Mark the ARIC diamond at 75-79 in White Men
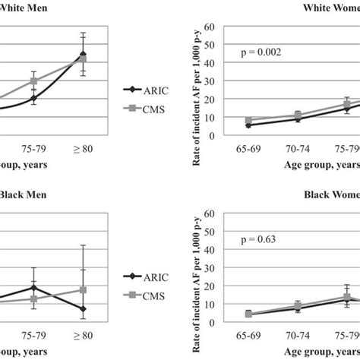33,98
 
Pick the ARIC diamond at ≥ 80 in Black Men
82,308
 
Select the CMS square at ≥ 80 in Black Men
82,290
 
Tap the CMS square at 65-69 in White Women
249,121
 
